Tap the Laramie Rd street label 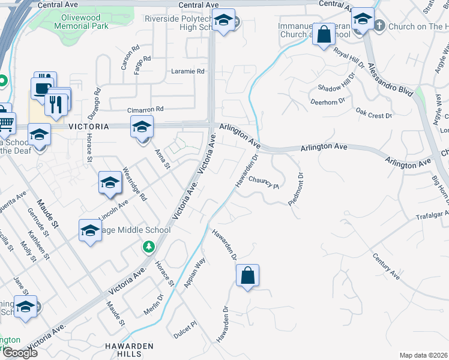coord(188,71)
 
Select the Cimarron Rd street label coord(145,110)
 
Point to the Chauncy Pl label coord(264,182)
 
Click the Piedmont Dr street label coord(296,190)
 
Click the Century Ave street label coord(385,266)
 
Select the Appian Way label coord(196,272)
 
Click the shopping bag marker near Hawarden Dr coord(247,277)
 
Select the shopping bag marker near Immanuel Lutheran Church coord(324,34)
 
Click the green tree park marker coord(148,247)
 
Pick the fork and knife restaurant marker coord(56,103)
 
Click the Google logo coord(19,353)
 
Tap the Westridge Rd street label coord(134,184)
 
